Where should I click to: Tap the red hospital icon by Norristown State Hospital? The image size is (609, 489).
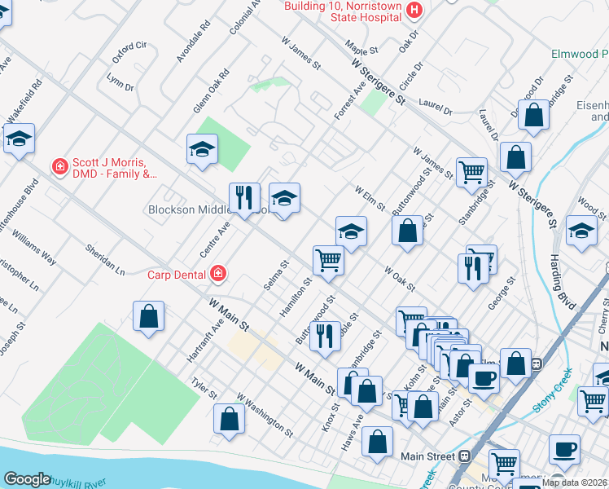414,9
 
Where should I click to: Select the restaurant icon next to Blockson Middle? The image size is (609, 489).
244,196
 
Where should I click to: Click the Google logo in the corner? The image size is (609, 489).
27,479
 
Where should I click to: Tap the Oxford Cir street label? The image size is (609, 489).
129,52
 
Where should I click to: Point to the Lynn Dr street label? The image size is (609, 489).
120,81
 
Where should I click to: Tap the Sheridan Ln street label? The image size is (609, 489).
106,258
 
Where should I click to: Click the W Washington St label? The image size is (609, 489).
265,413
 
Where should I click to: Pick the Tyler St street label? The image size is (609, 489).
204,388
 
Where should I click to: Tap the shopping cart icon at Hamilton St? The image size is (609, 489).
329,261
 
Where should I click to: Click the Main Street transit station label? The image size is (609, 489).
427,456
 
